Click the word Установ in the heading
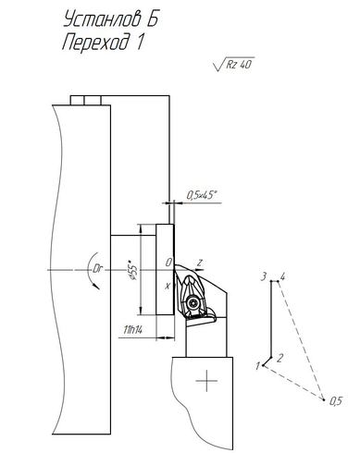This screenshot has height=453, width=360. [x=101, y=18]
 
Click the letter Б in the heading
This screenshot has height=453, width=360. [x=153, y=18]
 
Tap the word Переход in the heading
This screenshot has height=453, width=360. [x=95, y=42]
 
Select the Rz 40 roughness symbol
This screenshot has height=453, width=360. [x=233, y=64]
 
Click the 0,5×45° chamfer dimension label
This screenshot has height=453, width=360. [x=202, y=195]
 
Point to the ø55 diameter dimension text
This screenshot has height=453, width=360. [x=134, y=270]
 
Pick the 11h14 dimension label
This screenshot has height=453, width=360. [x=132, y=330]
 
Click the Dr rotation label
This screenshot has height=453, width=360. [x=97, y=269]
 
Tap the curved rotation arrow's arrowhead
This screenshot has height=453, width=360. [x=96, y=287]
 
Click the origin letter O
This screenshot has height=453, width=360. [x=168, y=263]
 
